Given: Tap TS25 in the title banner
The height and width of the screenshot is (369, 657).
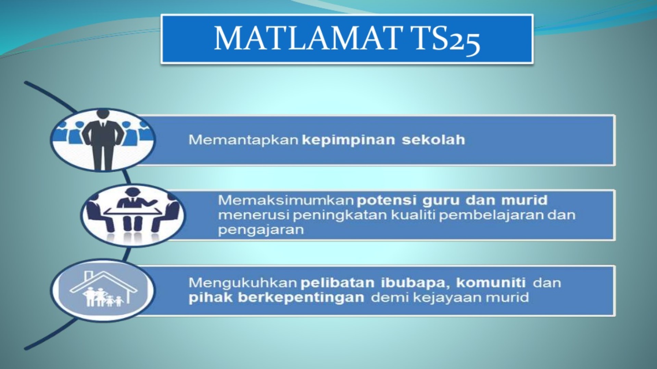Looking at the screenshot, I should click(446, 39).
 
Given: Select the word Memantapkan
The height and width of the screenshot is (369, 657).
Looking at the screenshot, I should click(243, 140).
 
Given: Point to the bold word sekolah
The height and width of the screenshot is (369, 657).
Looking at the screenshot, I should click(433, 140).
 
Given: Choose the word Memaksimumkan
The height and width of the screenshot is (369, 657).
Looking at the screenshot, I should click(286, 200).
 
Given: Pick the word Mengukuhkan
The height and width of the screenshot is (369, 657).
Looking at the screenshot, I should click(243, 283).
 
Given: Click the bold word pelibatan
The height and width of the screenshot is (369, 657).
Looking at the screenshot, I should click(337, 283).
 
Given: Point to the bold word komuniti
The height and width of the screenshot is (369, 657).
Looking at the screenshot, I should click(491, 283).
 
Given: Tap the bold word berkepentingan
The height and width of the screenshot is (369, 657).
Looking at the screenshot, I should click(301, 298).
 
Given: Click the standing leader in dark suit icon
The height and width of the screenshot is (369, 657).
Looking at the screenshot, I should click(102, 140).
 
